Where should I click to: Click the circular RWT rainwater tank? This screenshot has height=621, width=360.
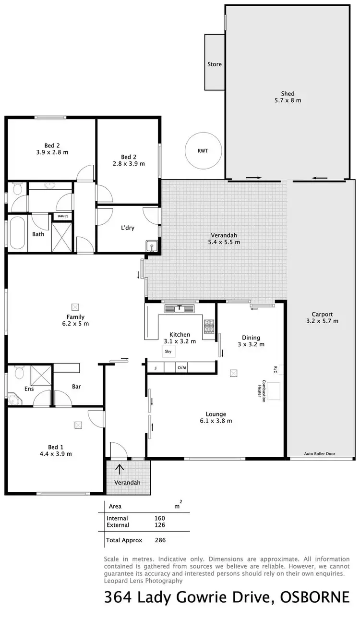point(203,150)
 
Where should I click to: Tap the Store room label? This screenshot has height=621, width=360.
point(215,64)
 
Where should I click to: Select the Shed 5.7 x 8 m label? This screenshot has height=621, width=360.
point(288,97)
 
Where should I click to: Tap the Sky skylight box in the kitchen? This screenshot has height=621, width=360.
point(168,352)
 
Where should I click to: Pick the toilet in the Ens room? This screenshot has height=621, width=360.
point(19,372)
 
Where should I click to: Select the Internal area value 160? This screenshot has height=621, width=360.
point(160,518)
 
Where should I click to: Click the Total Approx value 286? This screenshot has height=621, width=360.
point(160,540)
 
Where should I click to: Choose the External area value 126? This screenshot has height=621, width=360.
point(160,525)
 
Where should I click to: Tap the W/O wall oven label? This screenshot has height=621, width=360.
point(181,367)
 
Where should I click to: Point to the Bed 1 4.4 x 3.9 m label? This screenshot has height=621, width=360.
point(56,450)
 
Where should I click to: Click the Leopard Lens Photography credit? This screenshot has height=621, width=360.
point(143,580)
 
